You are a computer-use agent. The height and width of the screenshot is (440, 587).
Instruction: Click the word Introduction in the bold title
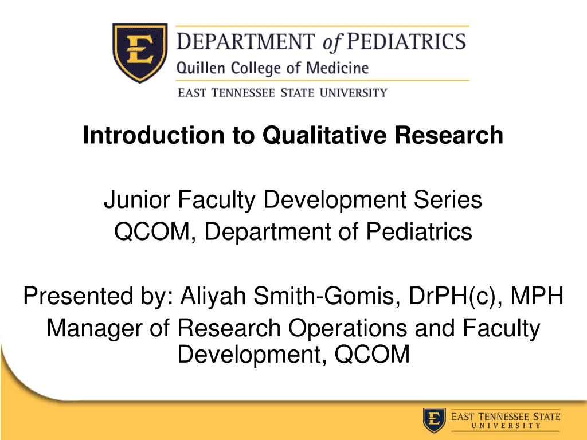[153, 135]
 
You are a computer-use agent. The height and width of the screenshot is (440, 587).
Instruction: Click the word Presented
[78, 296]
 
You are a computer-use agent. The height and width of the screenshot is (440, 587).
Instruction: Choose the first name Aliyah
[213, 296]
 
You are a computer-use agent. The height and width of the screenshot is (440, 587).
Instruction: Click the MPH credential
[537, 296]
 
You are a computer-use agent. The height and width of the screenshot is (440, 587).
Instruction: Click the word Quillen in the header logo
[201, 68]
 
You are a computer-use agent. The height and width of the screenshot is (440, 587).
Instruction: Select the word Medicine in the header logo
[338, 68]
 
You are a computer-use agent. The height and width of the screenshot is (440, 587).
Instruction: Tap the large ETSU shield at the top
[140, 52]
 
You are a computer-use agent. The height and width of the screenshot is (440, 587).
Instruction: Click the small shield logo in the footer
[435, 420]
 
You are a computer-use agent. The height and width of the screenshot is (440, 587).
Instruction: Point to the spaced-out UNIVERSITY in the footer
[506, 426]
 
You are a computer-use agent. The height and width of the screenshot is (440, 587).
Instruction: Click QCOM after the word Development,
[372, 354]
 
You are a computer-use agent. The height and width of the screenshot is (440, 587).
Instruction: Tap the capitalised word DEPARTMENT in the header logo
[246, 41]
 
